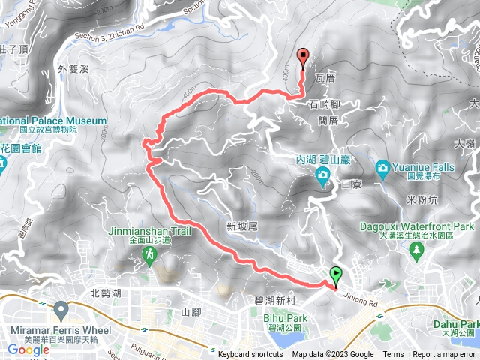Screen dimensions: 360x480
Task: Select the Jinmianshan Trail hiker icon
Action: (x=150, y=256)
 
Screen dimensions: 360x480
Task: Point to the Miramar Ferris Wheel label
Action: (x=62, y=331)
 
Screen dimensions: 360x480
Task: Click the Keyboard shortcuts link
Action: (x=250, y=355)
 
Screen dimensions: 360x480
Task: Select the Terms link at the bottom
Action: (x=393, y=355)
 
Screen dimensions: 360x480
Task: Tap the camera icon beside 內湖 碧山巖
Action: (x=323, y=177)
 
